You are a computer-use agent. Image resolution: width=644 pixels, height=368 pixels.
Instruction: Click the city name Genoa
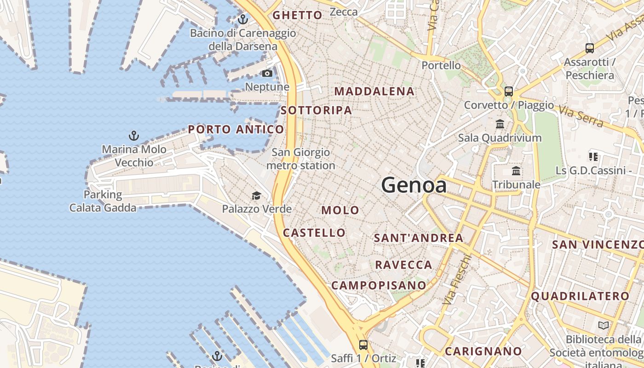[414, 185]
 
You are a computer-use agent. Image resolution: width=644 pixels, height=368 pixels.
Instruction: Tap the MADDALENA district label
[374, 91]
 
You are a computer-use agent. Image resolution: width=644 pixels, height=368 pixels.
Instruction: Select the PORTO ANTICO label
[236, 129]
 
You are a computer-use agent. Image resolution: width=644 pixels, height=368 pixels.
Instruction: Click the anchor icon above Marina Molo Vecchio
[133, 136]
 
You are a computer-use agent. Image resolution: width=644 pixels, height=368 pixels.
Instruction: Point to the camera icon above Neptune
[267, 74]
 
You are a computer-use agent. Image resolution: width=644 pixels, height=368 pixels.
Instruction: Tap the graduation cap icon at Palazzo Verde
[256, 196]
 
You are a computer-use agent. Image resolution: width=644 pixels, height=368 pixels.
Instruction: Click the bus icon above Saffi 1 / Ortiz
[363, 345]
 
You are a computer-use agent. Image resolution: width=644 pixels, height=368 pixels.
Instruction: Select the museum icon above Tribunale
[516, 171]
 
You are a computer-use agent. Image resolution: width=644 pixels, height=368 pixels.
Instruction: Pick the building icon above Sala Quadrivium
[500, 124]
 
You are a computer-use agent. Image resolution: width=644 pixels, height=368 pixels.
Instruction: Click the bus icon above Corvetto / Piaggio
[508, 91]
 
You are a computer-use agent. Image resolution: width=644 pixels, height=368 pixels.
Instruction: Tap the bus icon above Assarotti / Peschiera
[589, 48]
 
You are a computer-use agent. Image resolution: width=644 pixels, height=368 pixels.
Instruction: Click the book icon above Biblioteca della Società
[604, 326]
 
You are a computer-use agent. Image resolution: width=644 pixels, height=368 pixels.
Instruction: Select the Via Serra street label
[580, 116]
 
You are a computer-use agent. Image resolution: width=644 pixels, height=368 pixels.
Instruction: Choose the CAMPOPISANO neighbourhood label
[379, 285]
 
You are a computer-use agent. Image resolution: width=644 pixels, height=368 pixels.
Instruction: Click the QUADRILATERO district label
[580, 296]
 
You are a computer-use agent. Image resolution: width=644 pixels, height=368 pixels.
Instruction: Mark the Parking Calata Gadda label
[103, 201]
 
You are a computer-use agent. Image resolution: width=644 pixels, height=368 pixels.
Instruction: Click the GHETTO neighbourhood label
[297, 15]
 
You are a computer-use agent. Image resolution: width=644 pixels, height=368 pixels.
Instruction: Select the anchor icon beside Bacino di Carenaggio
[242, 19]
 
